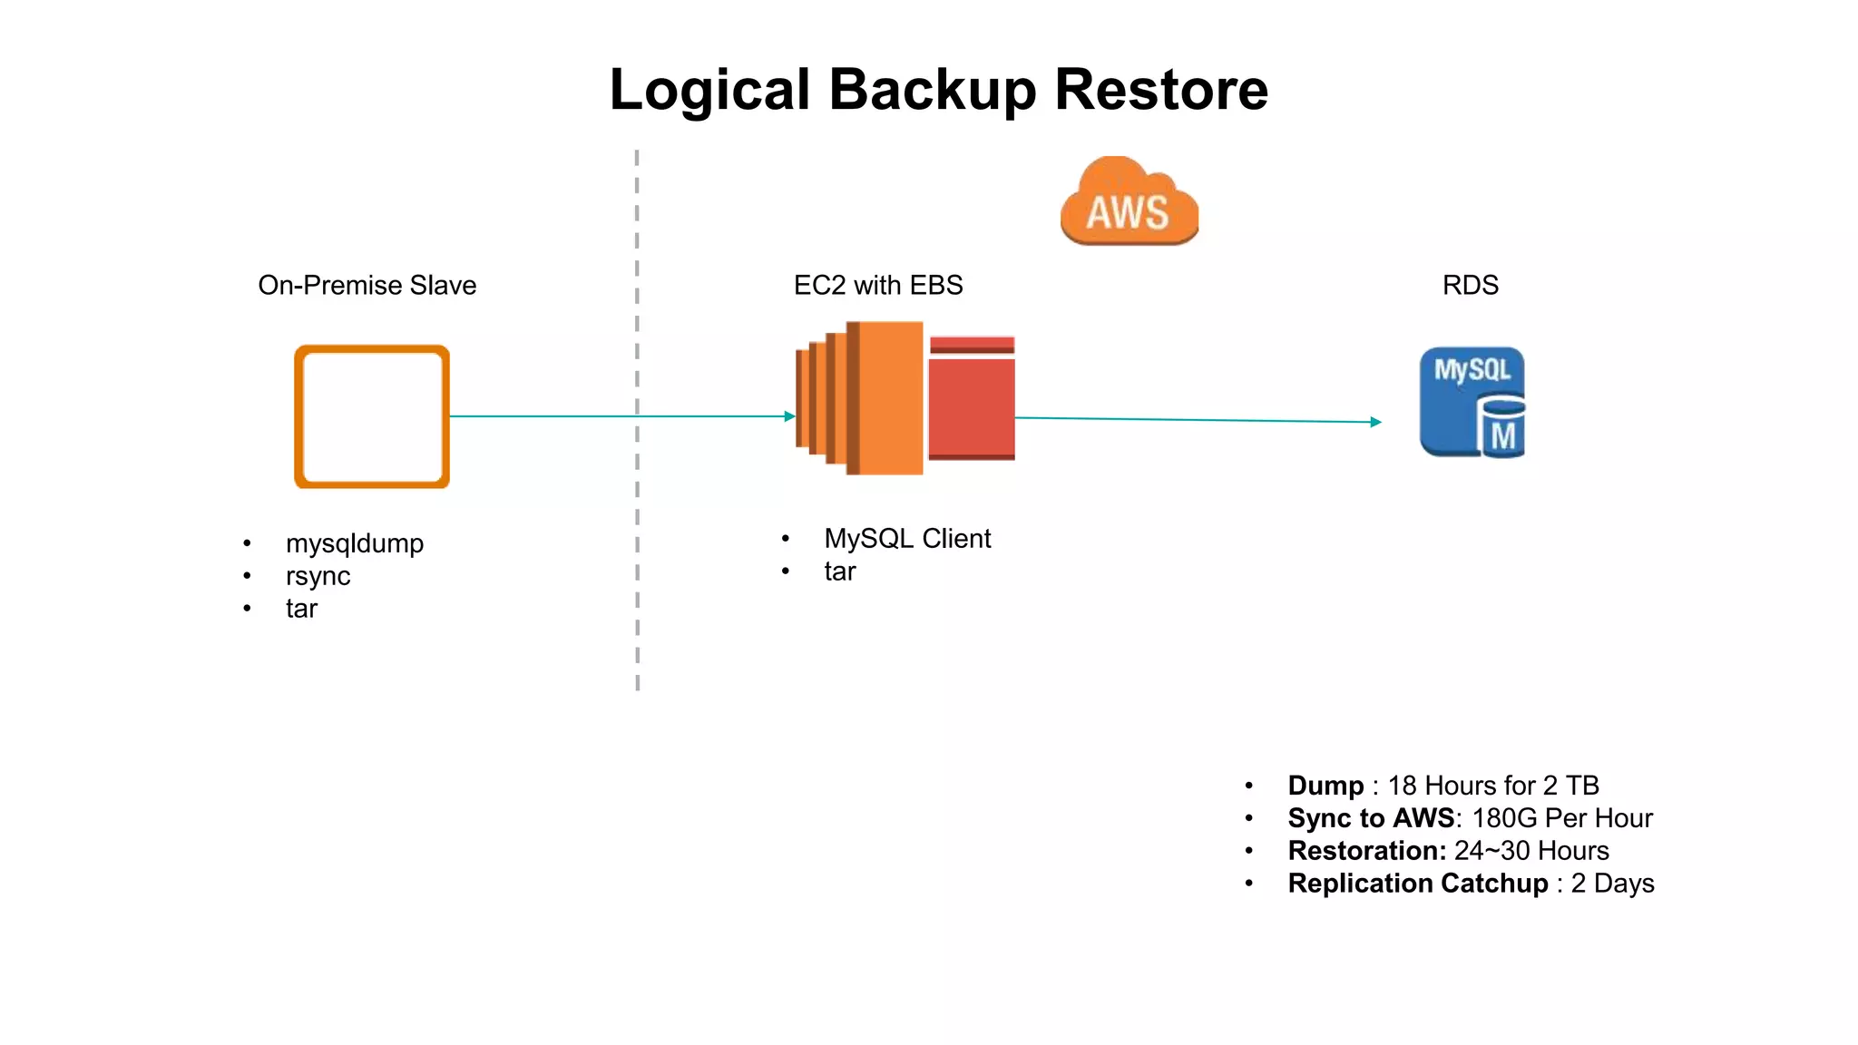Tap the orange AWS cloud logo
point(1129,202)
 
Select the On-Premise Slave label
point(367,285)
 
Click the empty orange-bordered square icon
point(372,416)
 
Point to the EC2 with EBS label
point(877,285)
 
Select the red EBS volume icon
point(972,399)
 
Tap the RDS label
point(1470,285)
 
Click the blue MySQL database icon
point(1472,402)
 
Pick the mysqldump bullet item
point(354,543)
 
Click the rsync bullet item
point(318,576)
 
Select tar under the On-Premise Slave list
point(301,609)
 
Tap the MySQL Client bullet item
point(906,539)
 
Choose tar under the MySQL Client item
point(839,571)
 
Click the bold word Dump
point(1325,786)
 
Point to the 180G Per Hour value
point(1561,818)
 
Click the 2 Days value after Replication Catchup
point(1612,884)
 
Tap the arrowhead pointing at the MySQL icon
point(1375,422)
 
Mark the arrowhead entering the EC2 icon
point(790,416)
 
